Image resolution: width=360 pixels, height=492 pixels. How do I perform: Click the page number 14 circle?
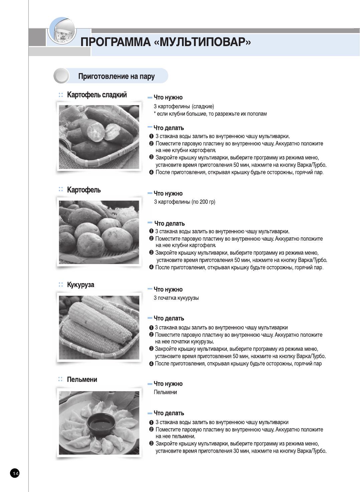(15, 473)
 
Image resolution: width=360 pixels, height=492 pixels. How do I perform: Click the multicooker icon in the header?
(62, 32)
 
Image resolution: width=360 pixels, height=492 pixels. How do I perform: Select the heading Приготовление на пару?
(116, 76)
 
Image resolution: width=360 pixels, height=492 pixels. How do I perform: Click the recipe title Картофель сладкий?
(97, 95)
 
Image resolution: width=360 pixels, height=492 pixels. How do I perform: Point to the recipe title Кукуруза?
(80, 285)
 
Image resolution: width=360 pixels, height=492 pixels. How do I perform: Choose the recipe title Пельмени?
(82, 380)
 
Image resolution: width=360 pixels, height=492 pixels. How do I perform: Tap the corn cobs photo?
(99, 327)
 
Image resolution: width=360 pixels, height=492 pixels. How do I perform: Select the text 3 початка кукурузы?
(176, 298)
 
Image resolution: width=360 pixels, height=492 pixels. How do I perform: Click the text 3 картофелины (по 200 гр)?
(184, 202)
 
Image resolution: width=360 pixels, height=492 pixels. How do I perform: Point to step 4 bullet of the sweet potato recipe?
(151, 173)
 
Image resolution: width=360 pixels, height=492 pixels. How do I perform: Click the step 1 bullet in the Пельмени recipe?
(151, 423)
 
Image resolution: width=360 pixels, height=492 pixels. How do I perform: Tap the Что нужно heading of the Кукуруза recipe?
(168, 289)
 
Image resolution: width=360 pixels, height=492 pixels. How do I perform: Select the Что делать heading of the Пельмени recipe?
(169, 413)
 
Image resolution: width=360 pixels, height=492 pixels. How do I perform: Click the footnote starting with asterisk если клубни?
(210, 114)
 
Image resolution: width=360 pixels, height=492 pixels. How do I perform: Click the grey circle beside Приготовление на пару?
(61, 76)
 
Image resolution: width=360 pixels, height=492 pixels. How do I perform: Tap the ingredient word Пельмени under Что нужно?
(165, 392)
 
